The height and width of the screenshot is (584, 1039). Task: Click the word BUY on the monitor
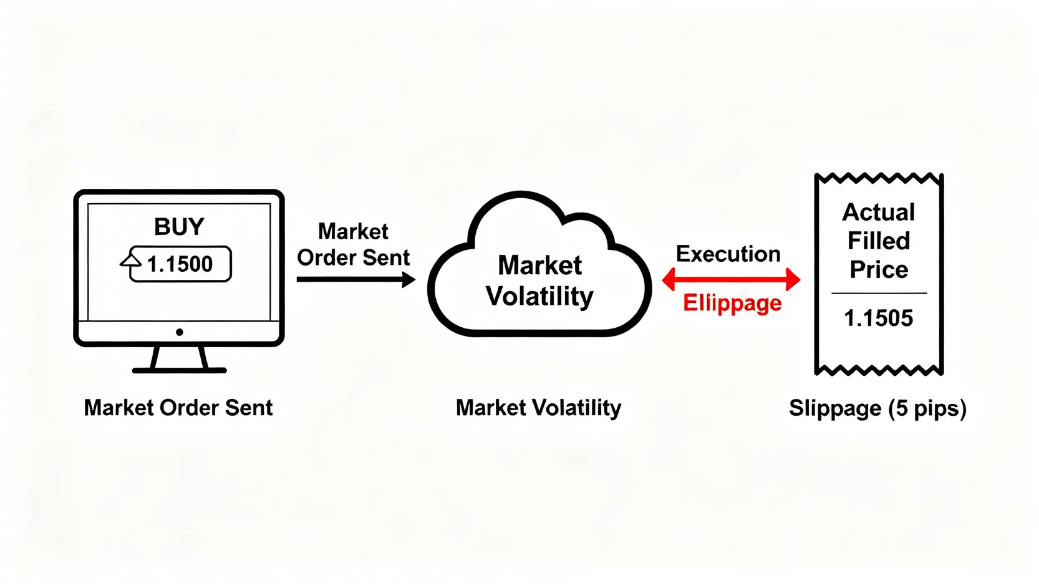(x=179, y=226)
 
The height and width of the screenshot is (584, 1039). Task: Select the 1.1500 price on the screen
(x=180, y=264)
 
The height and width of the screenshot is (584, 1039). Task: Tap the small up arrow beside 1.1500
(x=131, y=263)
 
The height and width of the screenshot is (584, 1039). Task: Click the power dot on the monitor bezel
(x=180, y=332)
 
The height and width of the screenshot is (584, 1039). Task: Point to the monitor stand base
(x=179, y=370)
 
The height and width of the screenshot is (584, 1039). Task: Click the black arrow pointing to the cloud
(x=355, y=279)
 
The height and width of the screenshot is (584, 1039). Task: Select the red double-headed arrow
(x=731, y=279)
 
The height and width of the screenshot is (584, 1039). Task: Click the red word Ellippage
(x=732, y=304)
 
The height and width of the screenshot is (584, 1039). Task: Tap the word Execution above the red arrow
(x=728, y=254)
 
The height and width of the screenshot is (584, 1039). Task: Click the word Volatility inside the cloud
(x=539, y=297)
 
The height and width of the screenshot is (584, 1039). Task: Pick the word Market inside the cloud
(x=539, y=266)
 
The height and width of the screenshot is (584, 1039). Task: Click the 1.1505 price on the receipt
(x=878, y=318)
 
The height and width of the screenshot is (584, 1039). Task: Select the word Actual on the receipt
(x=879, y=213)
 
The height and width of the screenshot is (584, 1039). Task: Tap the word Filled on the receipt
(x=879, y=241)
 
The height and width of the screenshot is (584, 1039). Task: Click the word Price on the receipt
(x=879, y=270)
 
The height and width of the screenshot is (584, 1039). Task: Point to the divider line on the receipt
(x=879, y=293)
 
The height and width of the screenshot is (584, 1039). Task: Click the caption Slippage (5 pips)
(x=877, y=408)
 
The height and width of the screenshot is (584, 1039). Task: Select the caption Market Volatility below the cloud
(x=538, y=408)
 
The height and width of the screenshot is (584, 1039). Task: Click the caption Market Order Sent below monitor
(x=178, y=408)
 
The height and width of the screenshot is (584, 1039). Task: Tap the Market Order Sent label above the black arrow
(x=353, y=244)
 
